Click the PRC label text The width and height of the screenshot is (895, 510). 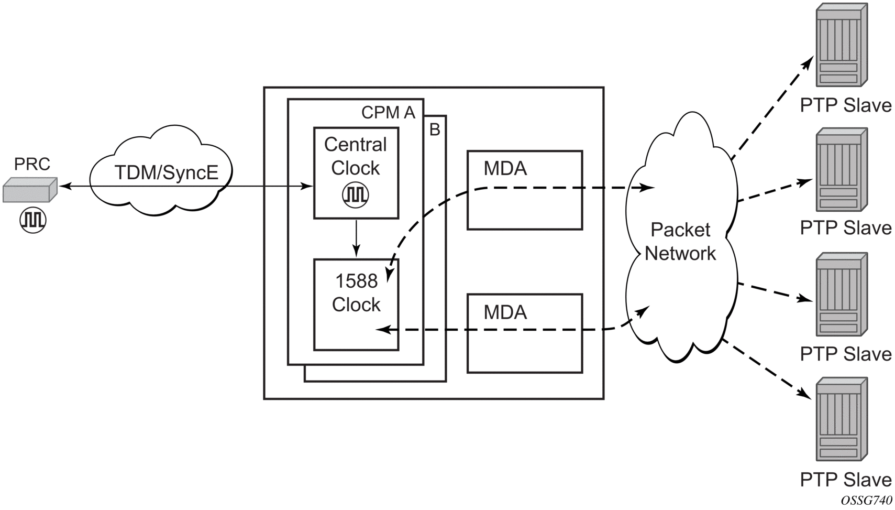coord(32,164)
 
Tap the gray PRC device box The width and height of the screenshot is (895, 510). coord(29,190)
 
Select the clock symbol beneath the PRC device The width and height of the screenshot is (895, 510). coord(33,220)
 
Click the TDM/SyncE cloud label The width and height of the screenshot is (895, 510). coord(166,172)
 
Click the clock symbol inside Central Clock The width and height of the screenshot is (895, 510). coord(356,195)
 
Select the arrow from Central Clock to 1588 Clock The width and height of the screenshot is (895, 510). coord(356,238)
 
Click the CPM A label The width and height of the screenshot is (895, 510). coord(388,112)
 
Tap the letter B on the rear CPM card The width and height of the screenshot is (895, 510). coord(435,129)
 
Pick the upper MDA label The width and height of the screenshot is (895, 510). coord(505,168)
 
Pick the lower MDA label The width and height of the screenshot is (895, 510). coord(505,312)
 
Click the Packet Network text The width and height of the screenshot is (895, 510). coord(680,241)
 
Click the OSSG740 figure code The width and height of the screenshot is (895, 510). coord(866,501)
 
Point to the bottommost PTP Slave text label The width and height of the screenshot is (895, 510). coord(845,480)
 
